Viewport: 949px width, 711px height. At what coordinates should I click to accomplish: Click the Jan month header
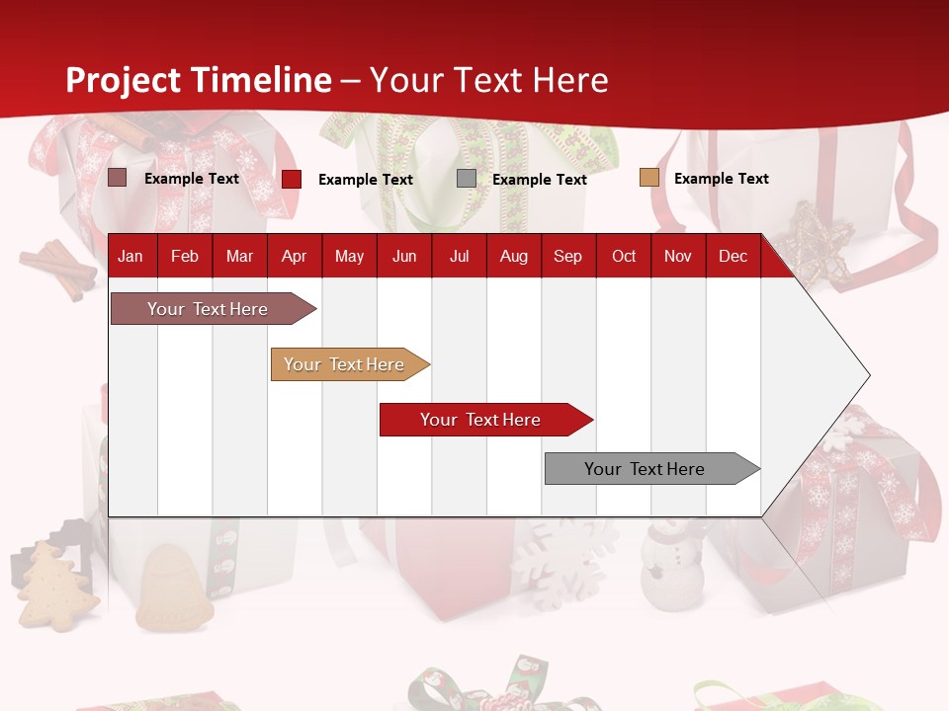(130, 256)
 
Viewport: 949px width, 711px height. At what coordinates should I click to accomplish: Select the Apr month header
(294, 256)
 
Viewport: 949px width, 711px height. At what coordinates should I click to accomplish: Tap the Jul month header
(459, 256)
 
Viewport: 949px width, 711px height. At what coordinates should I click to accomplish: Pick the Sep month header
(567, 256)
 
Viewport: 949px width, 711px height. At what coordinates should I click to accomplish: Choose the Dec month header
(733, 256)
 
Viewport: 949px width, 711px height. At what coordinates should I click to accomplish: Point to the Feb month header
(185, 256)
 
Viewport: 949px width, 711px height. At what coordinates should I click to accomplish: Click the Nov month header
(678, 256)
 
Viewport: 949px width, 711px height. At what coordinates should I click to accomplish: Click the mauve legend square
(118, 178)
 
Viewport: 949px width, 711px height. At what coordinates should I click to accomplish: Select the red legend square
(292, 179)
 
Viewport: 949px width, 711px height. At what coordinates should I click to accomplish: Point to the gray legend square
(467, 179)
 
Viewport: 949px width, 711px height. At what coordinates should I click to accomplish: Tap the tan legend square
(648, 178)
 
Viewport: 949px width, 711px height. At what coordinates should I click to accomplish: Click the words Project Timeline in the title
(199, 80)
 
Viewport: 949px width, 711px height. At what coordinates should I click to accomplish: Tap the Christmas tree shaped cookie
(55, 588)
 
